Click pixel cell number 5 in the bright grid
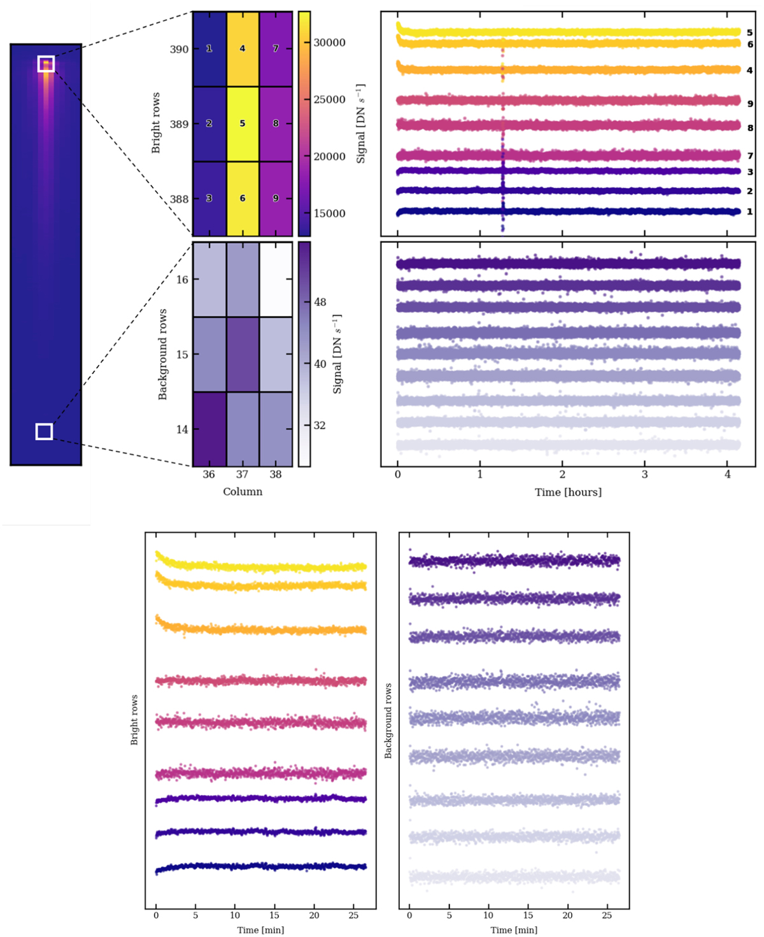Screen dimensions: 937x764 pos(243,124)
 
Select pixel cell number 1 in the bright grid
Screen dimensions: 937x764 pos(209,49)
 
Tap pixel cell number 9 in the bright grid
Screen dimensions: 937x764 pos(276,198)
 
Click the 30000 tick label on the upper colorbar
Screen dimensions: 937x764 pos(329,43)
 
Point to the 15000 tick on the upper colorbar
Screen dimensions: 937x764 pos(329,213)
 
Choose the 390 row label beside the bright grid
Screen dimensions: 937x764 pos(179,50)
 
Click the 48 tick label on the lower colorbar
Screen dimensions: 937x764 pos(320,302)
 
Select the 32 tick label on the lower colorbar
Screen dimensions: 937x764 pos(320,426)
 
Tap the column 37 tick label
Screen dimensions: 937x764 pos(242,475)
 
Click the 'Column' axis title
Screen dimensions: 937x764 pos(243,492)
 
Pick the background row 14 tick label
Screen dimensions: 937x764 pos(182,430)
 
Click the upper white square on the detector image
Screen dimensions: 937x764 pos(46,64)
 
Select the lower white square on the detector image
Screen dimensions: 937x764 pos(44,432)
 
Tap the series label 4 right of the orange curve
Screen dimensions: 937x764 pos(749,71)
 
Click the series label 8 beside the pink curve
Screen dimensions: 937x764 pos(750,128)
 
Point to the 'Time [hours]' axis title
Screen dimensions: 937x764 pos(568,492)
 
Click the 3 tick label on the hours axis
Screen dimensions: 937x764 pos(645,475)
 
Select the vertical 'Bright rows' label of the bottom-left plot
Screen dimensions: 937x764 pos(134,720)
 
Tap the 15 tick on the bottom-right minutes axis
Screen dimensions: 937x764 pos(528,915)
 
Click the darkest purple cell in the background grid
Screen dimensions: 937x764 pos(209,429)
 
